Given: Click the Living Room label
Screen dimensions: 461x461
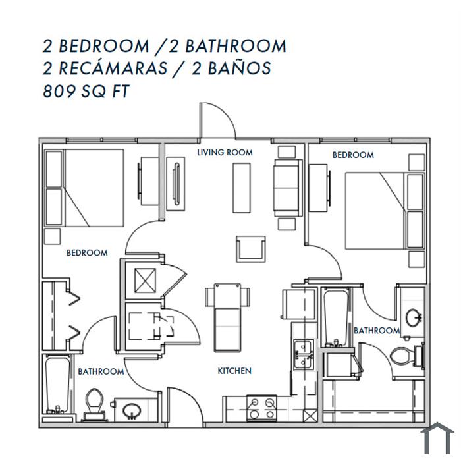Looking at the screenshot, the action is (x=225, y=153).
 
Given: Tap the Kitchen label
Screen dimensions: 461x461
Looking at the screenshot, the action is (x=234, y=371).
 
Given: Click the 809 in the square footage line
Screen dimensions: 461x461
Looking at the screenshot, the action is (x=59, y=91).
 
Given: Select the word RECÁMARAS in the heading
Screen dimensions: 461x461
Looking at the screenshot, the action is (x=113, y=68).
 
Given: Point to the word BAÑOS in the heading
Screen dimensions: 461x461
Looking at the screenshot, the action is (x=239, y=68).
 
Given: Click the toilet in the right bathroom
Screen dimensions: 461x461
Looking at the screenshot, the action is (x=406, y=356).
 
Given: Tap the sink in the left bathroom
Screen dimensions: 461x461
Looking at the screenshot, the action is (x=132, y=411).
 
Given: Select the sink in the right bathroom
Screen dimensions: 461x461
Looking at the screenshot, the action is (x=414, y=317).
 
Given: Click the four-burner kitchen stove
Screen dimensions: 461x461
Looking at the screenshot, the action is (x=261, y=408).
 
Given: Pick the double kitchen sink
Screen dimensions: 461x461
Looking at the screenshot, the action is (x=304, y=354).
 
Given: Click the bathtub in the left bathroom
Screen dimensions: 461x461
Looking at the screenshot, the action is (x=58, y=385).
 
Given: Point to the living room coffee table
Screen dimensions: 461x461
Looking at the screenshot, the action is (x=242, y=188).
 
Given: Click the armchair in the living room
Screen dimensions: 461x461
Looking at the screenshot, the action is (x=251, y=249).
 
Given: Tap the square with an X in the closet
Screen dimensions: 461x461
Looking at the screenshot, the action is (x=146, y=281).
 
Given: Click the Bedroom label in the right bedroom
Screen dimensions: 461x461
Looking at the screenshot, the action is (x=353, y=155).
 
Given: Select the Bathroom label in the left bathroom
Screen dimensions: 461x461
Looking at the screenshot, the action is (x=101, y=371).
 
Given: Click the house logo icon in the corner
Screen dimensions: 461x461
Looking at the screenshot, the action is (x=437, y=439).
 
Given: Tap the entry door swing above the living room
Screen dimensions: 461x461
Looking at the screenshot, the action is (x=217, y=121).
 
